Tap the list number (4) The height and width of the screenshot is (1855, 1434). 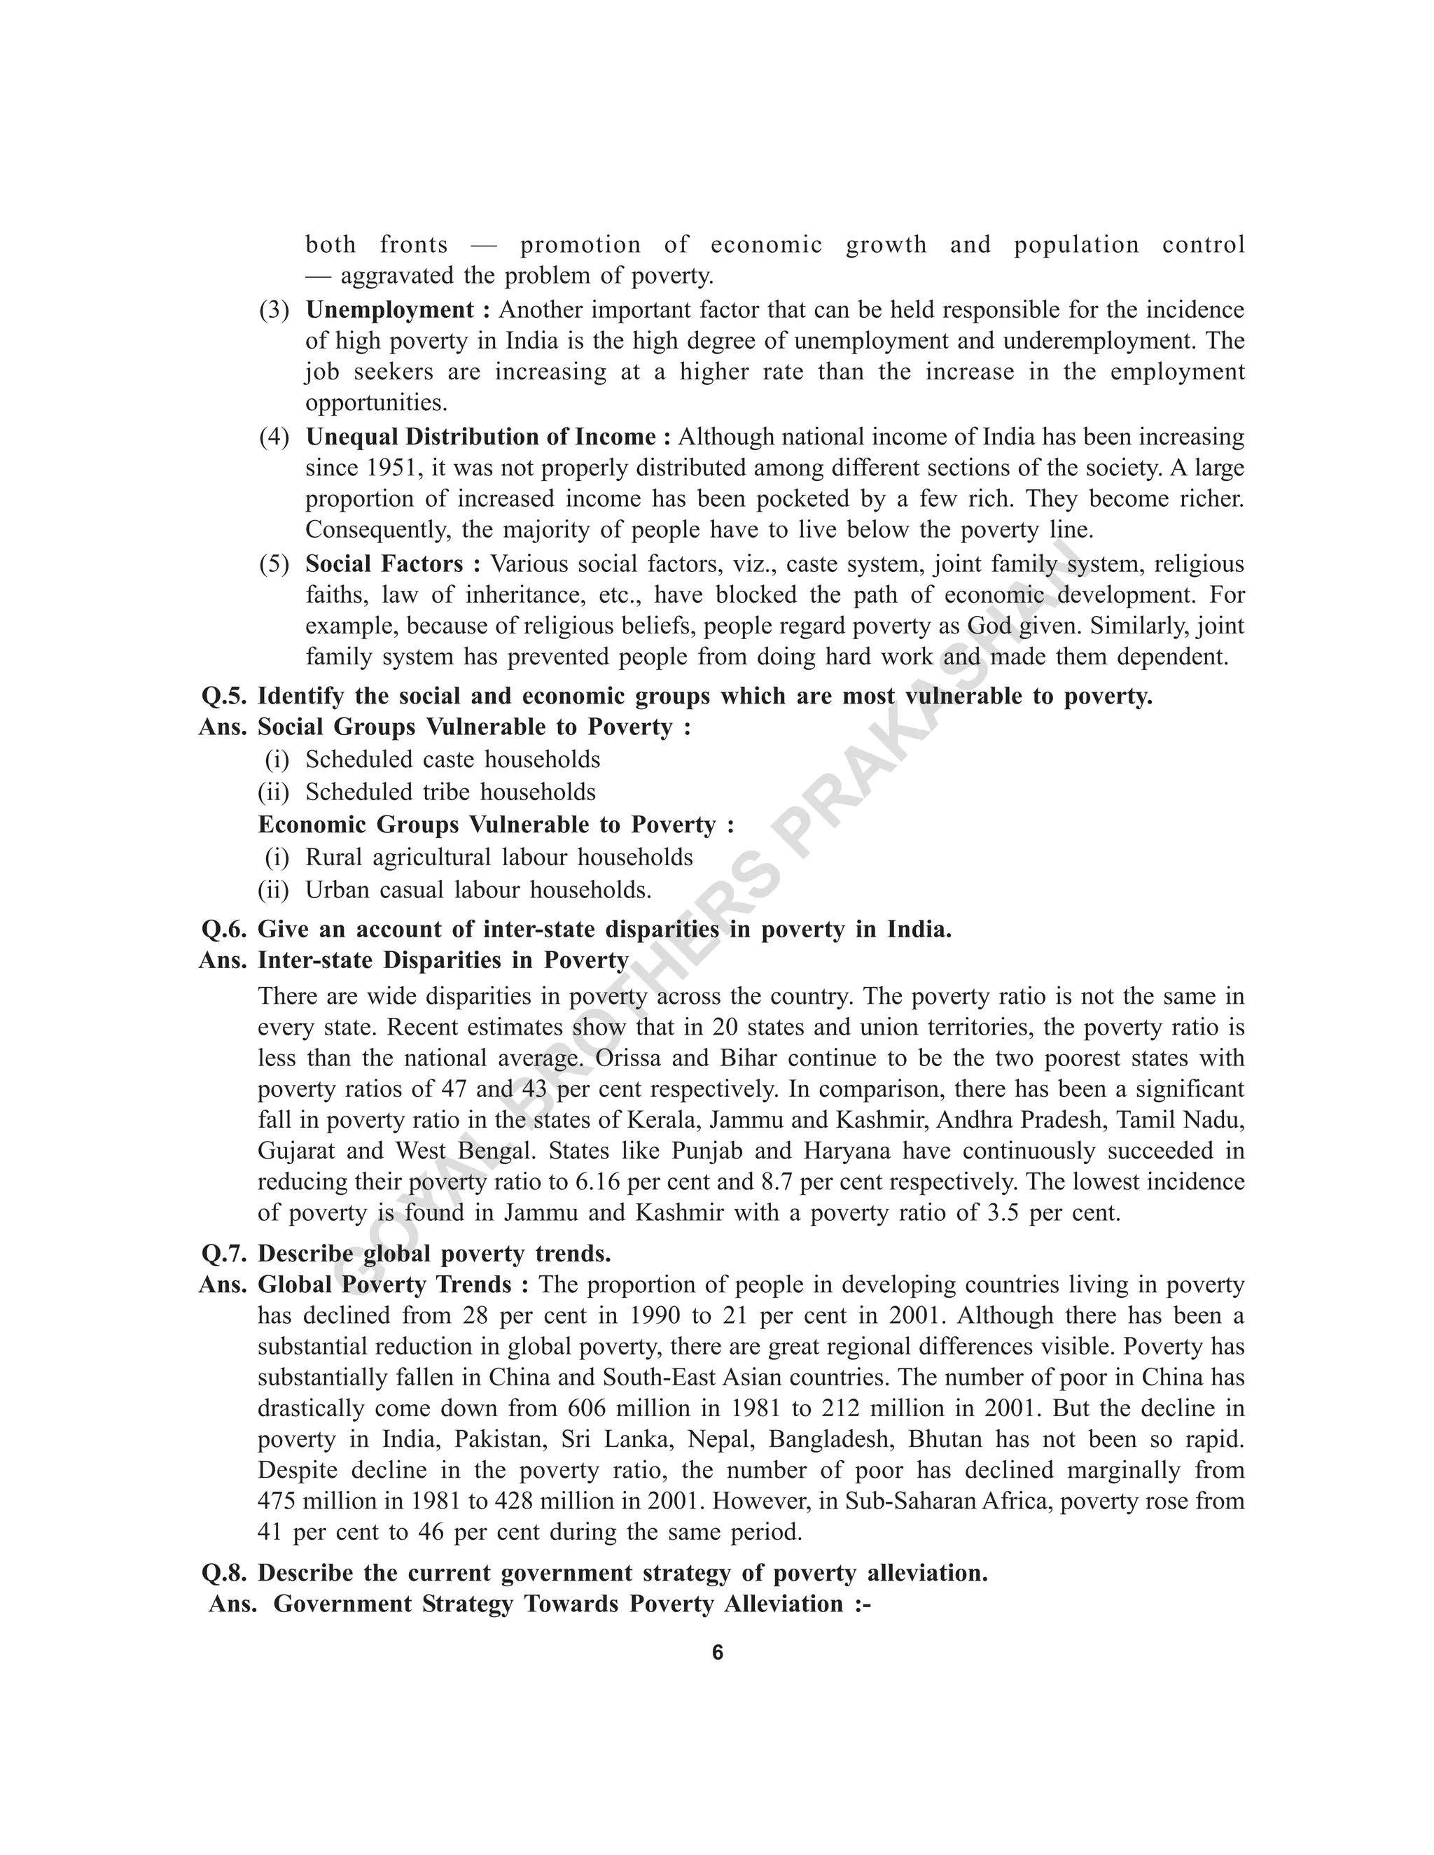[274, 437]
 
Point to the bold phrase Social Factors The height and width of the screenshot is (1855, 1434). [384, 564]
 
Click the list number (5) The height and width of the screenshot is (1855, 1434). [274, 565]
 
